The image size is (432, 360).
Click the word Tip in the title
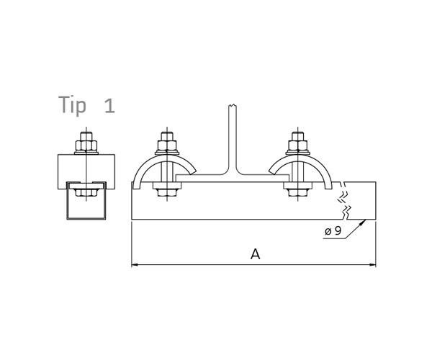click(72, 106)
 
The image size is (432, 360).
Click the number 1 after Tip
click(109, 107)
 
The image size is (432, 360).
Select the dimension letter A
click(254, 253)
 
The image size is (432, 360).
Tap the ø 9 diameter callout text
click(333, 231)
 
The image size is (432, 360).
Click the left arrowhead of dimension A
click(135, 265)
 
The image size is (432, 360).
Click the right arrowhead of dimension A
click(372, 265)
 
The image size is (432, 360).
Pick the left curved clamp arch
click(143, 170)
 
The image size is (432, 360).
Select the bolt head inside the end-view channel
click(86, 192)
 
